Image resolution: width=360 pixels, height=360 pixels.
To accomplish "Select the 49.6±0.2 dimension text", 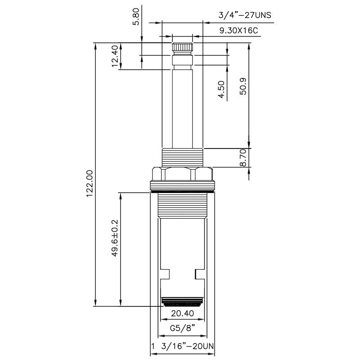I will click(x=114, y=238).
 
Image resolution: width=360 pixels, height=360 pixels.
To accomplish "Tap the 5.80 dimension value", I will click(x=136, y=17).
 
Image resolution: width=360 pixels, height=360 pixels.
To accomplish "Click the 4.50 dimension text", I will click(x=221, y=90).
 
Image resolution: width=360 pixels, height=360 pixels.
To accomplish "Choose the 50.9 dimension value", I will click(x=243, y=85).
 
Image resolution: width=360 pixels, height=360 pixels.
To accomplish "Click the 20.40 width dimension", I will click(x=182, y=313).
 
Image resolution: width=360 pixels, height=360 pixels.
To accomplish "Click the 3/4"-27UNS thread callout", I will click(x=245, y=15).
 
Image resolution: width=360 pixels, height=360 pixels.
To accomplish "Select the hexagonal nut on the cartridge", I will click(x=182, y=174).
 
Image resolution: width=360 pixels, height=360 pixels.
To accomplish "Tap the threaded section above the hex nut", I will click(x=182, y=157).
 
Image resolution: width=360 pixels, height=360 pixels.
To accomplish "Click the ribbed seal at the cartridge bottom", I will click(x=182, y=301).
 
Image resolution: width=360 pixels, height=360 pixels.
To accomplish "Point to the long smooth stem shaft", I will click(x=182, y=108).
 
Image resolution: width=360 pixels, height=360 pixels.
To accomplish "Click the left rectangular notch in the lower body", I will click(x=165, y=273).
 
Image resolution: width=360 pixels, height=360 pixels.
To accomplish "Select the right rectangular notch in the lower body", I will click(x=199, y=273).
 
